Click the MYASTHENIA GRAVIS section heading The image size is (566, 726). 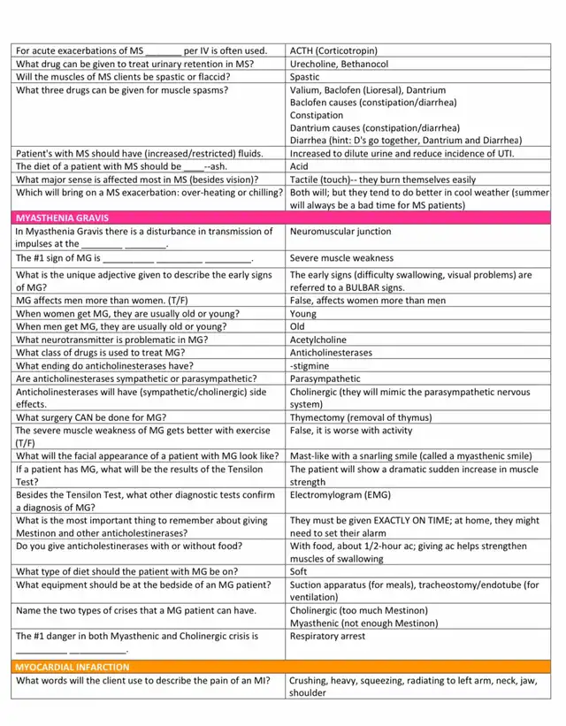(63, 217)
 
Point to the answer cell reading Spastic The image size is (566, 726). (305, 77)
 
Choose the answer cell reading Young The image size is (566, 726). (303, 314)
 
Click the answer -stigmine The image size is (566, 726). (310, 365)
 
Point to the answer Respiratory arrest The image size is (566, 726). (329, 636)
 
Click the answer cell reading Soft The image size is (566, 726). (300, 571)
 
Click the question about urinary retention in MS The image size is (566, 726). (135, 64)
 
